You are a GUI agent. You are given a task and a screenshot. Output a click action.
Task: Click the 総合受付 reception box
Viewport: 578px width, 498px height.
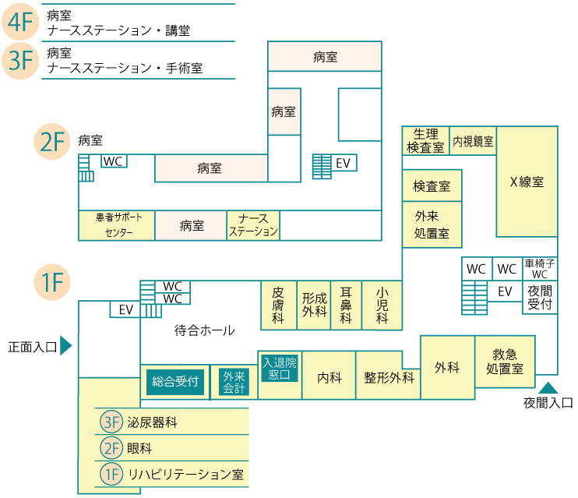pyautogui.click(x=175, y=382)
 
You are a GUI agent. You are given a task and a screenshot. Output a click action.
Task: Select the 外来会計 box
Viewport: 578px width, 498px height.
pyautogui.click(x=234, y=382)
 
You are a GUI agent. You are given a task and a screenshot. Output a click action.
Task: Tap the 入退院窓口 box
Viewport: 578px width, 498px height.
pyautogui.click(x=280, y=369)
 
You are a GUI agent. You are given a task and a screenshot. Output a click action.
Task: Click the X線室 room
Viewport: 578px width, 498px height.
pyautogui.click(x=527, y=182)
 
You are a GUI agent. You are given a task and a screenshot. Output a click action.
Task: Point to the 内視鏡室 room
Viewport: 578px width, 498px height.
pyautogui.click(x=473, y=142)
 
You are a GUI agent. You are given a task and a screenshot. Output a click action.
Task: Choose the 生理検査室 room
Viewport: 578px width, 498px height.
pyautogui.click(x=426, y=141)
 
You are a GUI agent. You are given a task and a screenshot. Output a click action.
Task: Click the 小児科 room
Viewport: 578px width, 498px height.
pyautogui.click(x=382, y=305)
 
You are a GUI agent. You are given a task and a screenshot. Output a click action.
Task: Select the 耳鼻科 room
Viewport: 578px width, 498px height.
pyautogui.click(x=347, y=305)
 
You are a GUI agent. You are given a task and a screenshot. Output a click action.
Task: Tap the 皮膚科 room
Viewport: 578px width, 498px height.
pyautogui.click(x=278, y=305)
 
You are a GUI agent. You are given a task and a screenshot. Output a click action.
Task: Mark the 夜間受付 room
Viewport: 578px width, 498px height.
pyautogui.click(x=540, y=297)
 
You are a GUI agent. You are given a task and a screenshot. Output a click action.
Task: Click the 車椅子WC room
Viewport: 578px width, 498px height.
pyautogui.click(x=540, y=269)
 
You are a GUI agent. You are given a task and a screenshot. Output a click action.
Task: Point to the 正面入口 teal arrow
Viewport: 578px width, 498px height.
pyautogui.click(x=66, y=346)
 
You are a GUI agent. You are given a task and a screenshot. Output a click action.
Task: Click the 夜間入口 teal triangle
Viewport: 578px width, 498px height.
pyautogui.click(x=548, y=387)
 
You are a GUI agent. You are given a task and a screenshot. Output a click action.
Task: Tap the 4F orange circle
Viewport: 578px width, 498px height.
pyautogui.click(x=20, y=23)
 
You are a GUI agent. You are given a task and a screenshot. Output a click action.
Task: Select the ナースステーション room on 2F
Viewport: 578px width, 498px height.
pyautogui.click(x=253, y=225)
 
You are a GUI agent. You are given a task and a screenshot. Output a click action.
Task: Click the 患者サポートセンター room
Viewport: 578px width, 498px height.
pyautogui.click(x=116, y=225)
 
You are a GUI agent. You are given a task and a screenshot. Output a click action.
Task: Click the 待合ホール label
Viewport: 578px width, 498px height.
pyautogui.click(x=204, y=330)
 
